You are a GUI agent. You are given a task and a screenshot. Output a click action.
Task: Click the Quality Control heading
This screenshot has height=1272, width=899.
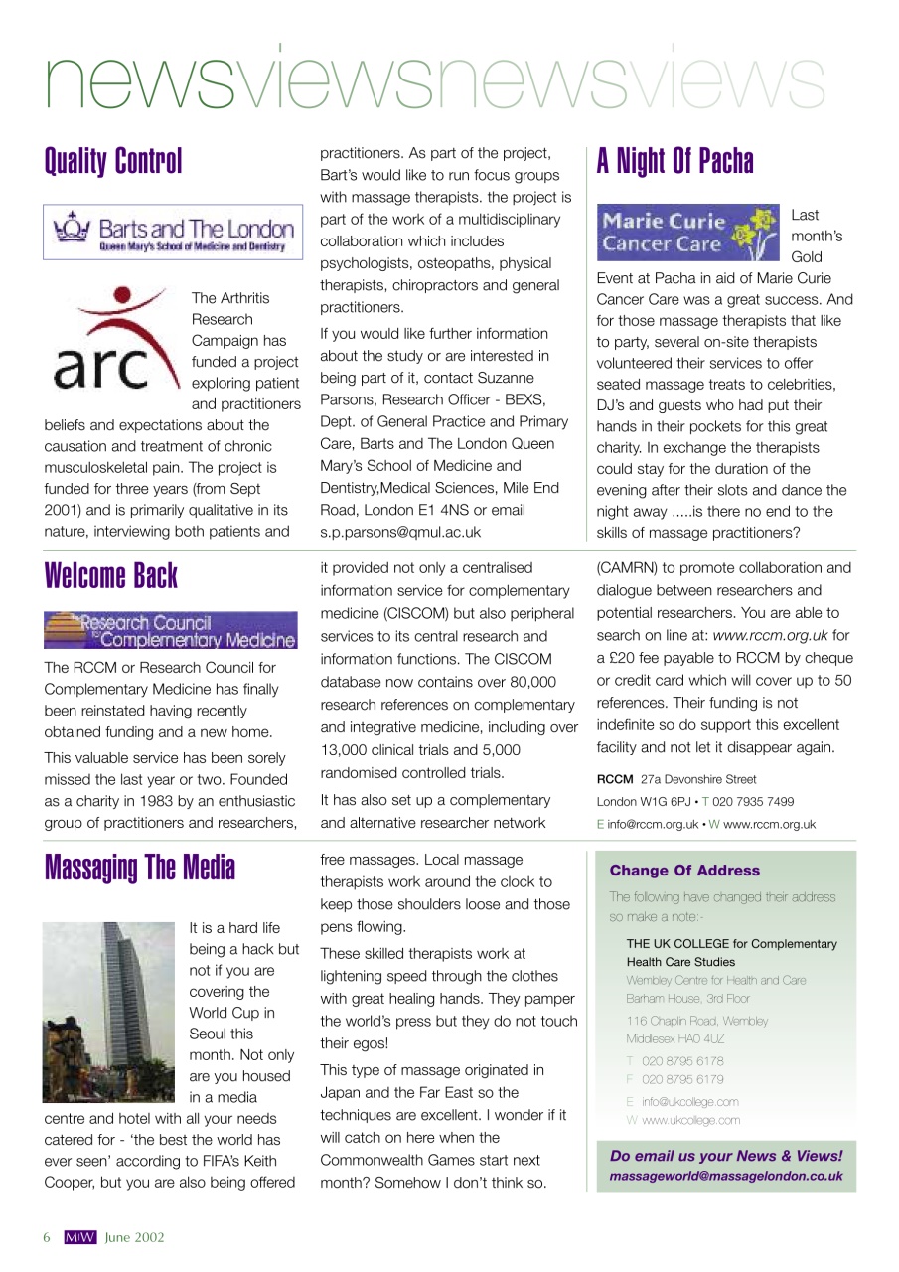tap(113, 161)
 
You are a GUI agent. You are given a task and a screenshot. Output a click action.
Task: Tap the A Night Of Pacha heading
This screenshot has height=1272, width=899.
tap(674, 161)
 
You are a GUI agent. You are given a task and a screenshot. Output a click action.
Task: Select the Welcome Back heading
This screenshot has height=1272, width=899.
tap(111, 576)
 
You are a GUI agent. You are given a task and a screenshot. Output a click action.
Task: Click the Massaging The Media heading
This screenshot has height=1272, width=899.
tap(140, 868)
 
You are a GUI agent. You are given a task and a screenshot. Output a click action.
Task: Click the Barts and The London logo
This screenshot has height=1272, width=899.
tap(173, 234)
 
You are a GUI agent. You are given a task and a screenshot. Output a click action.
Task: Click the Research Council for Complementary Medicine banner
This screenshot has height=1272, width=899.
tap(171, 630)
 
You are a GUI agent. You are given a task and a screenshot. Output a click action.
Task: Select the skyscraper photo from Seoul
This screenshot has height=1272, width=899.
tap(109, 1011)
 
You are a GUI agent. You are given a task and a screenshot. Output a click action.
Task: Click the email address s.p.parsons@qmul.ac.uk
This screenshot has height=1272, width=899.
tap(400, 532)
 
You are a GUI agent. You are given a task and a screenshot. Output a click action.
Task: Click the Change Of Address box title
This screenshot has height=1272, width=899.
tap(684, 871)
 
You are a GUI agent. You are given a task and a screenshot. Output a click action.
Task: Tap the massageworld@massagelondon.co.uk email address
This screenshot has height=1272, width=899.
tap(726, 1176)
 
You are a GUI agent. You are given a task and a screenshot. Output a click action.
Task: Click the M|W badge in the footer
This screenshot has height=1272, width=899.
tap(80, 1237)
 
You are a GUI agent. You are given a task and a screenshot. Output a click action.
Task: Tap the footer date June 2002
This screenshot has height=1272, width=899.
tap(135, 1237)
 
